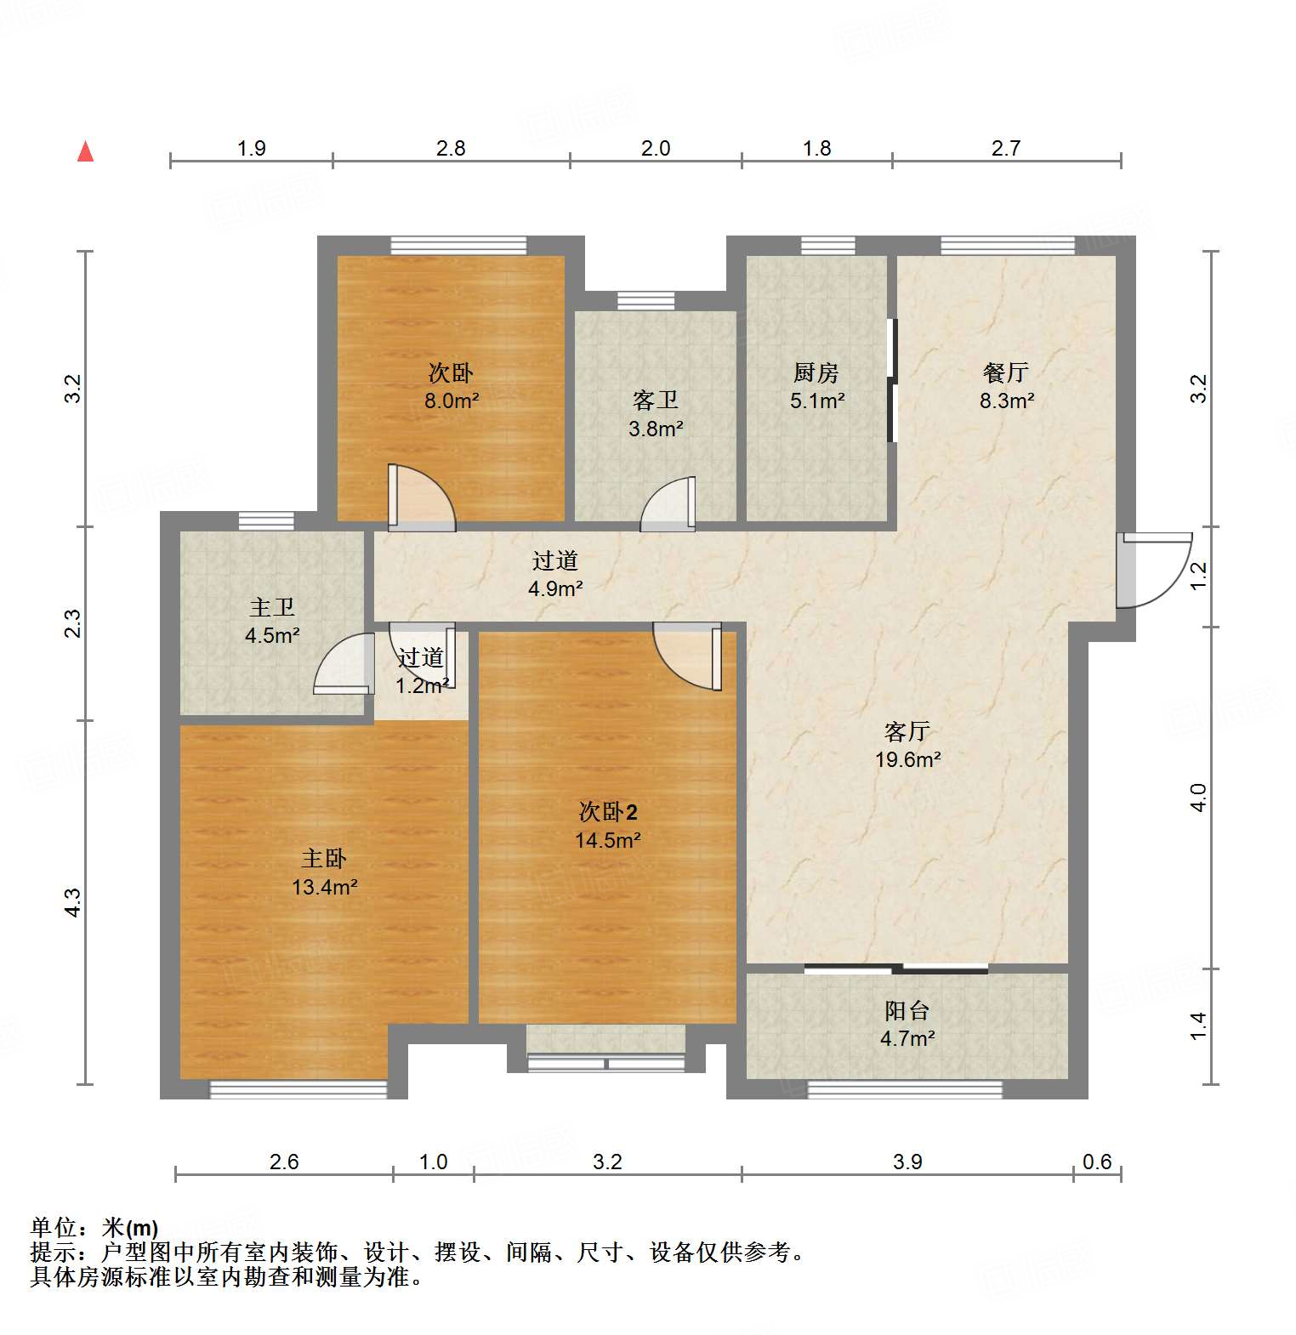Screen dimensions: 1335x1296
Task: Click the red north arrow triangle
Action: click(x=85, y=152)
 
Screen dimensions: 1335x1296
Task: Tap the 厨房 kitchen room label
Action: click(x=816, y=386)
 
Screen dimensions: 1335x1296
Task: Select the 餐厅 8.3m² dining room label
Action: click(x=1006, y=386)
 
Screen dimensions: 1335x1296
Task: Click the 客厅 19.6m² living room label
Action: click(x=907, y=745)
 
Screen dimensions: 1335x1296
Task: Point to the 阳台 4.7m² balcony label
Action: click(x=907, y=1024)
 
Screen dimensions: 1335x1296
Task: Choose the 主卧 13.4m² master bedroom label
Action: click(x=324, y=872)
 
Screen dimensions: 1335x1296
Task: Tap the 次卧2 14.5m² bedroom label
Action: click(x=607, y=826)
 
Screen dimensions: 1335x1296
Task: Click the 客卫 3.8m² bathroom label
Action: click(x=656, y=414)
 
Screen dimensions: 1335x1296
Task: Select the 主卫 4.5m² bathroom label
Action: click(x=272, y=621)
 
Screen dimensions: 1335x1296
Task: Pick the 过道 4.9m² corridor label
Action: click(x=555, y=574)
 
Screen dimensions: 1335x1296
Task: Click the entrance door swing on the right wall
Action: click(x=1153, y=570)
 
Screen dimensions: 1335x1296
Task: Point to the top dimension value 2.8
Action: click(x=451, y=149)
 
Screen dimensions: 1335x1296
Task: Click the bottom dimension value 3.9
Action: click(x=907, y=1162)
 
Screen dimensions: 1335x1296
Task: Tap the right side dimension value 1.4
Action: click(x=1198, y=1025)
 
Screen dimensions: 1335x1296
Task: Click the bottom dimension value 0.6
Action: click(x=1097, y=1162)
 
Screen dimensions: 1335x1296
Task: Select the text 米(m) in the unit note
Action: click(x=130, y=1228)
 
